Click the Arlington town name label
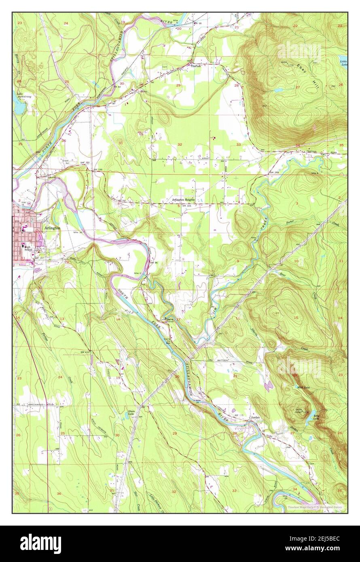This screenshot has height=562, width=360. (x=52, y=228)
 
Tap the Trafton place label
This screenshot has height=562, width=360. (x=196, y=65)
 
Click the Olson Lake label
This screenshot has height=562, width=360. (x=131, y=412)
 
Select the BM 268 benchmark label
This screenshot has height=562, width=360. (x=274, y=173)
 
